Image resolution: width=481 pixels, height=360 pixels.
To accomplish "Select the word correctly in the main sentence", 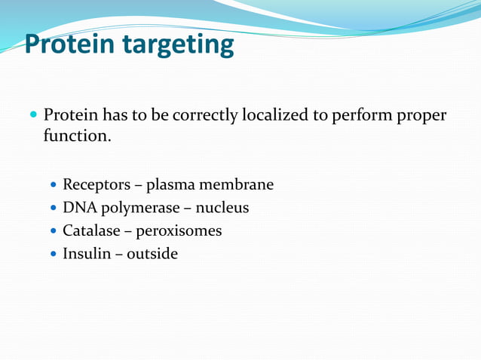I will click(x=205, y=117).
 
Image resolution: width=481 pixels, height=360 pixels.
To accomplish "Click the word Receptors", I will click(x=97, y=185).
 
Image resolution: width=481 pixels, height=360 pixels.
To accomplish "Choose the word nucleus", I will click(x=222, y=208).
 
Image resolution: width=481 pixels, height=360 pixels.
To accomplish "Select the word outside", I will click(x=152, y=254).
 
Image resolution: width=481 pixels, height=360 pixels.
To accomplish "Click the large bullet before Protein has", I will click(x=32, y=117).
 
